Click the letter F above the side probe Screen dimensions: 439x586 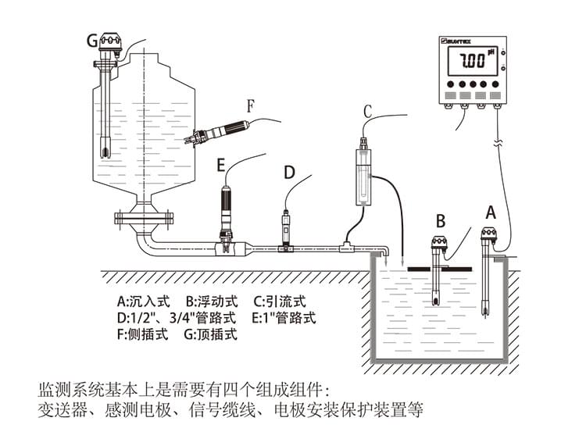coord(250,105)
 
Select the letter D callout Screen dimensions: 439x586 coord(289,172)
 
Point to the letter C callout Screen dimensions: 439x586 coord(366,111)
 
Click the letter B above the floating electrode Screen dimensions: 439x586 coord(440,220)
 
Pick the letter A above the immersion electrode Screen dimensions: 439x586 coord(491,211)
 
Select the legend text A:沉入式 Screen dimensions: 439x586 coord(143,301)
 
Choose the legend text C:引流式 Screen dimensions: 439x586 coord(280,301)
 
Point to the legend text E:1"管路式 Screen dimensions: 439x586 coord(284,318)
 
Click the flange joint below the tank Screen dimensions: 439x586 coord(141,216)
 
